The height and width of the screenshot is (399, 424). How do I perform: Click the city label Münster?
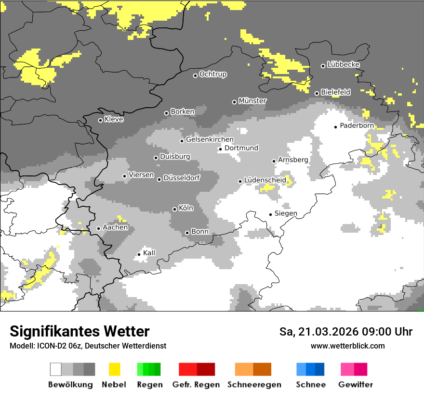tap(252, 101)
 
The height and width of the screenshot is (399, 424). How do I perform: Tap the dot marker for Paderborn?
tap(336, 127)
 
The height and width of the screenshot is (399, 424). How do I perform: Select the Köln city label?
tap(186, 208)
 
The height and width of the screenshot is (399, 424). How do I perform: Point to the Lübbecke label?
tap(343, 64)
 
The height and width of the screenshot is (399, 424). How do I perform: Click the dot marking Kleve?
tap(100, 120)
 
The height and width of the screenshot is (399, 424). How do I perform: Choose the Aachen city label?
tap(115, 227)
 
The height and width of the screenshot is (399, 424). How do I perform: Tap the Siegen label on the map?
tap(286, 213)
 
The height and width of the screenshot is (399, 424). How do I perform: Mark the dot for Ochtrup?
tap(195, 75)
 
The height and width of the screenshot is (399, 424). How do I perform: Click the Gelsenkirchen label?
tap(210, 140)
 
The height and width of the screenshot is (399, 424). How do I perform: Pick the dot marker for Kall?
tap(139, 254)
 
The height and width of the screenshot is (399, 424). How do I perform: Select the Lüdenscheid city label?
tap(265, 180)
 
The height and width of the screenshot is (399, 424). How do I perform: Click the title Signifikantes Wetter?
tap(79, 331)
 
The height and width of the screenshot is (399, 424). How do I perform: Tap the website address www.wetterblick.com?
tap(347, 346)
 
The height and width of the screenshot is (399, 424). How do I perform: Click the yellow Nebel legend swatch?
tap(114, 369)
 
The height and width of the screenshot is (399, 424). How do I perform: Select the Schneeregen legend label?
tap(254, 385)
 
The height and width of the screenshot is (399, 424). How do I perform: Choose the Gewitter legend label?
tap(356, 385)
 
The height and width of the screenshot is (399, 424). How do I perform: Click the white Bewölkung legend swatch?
tap(56, 369)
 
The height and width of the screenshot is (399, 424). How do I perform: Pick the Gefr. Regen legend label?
tap(196, 385)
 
